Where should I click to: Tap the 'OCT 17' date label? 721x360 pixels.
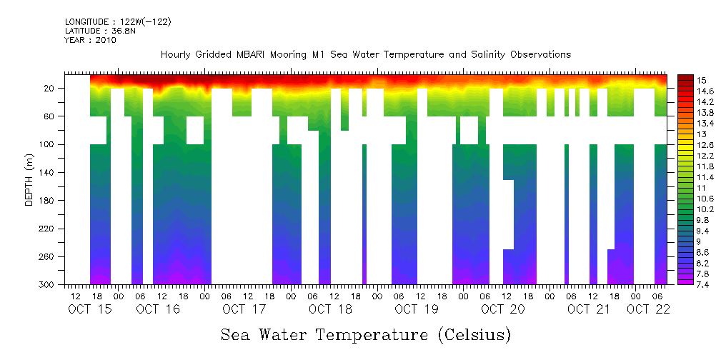point(244,309)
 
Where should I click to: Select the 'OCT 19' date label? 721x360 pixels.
point(417,309)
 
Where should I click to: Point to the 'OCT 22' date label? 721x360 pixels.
point(648,309)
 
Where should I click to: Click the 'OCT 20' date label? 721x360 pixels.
point(503,309)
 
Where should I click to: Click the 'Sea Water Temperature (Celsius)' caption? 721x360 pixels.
point(366,334)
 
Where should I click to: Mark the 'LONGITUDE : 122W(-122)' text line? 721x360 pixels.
point(118,22)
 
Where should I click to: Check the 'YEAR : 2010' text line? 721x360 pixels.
point(90,40)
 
